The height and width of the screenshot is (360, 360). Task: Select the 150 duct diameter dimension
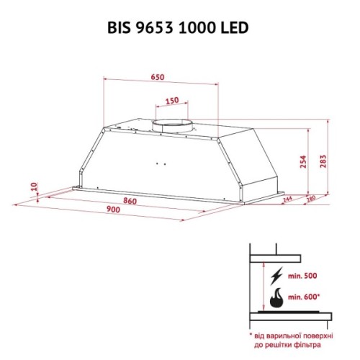(x=171, y=100)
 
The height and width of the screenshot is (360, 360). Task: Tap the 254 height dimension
(x=303, y=164)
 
